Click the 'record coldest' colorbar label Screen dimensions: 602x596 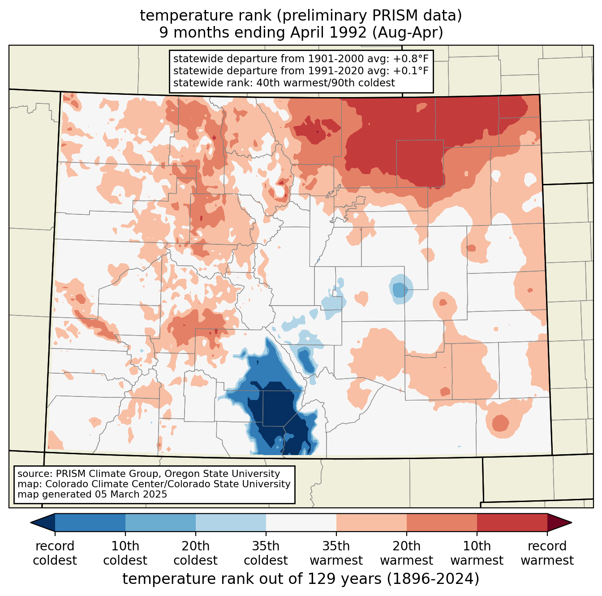(x=55, y=553)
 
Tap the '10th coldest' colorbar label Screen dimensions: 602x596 (x=125, y=553)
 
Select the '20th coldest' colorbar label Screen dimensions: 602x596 (x=195, y=553)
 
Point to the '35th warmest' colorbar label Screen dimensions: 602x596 (x=336, y=553)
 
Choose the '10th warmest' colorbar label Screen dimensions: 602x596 (x=477, y=553)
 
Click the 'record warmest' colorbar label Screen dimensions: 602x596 (x=547, y=553)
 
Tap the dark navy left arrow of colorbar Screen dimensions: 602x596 (x=43, y=522)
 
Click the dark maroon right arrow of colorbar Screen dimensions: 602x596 (x=559, y=522)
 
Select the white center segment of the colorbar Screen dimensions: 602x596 (x=301, y=522)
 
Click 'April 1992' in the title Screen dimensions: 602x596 (x=328, y=33)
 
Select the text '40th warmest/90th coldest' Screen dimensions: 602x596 (x=326, y=83)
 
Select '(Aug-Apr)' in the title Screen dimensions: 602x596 (x=407, y=33)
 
